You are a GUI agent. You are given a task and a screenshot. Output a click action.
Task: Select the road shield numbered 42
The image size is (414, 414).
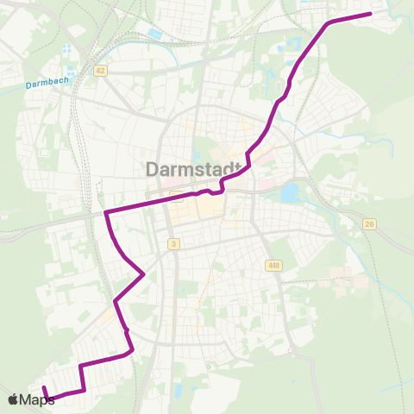tap(101, 72)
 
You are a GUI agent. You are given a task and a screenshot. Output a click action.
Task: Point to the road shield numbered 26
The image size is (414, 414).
tap(370, 224)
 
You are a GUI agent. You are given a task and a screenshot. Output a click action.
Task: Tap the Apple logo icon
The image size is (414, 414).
tap(13, 399)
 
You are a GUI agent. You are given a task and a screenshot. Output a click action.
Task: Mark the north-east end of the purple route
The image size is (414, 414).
tap(370, 14)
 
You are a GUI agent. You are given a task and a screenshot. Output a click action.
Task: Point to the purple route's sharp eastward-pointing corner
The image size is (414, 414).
tap(142, 275)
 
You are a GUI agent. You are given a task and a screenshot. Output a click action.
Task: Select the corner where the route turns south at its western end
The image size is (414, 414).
tap(105, 212)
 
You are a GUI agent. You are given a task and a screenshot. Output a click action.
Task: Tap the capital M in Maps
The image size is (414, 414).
tap(27, 399)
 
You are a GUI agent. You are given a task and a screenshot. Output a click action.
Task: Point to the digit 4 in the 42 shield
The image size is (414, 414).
tap(99, 72)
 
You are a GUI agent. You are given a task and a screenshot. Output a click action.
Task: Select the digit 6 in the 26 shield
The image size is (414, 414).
tap(373, 224)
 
